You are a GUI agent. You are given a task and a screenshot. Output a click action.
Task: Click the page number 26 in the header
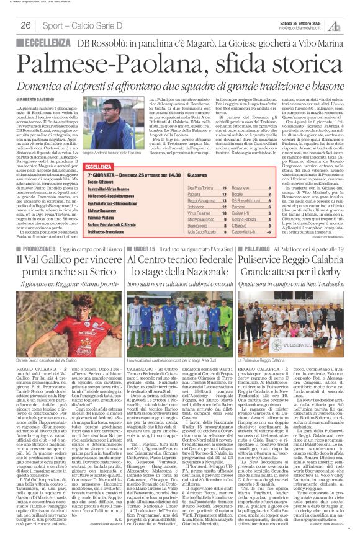(26, 26)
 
